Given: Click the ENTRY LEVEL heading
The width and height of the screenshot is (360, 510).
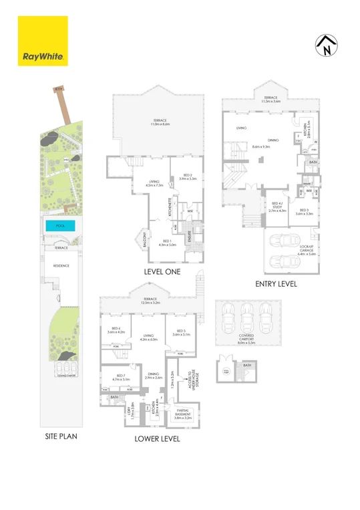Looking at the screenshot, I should tap(276, 284).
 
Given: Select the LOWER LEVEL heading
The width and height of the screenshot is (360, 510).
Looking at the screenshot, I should tap(157, 440).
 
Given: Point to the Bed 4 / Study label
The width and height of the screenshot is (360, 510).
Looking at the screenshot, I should tap(277, 209).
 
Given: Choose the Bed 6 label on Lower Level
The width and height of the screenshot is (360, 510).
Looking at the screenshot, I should tap(116, 330).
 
